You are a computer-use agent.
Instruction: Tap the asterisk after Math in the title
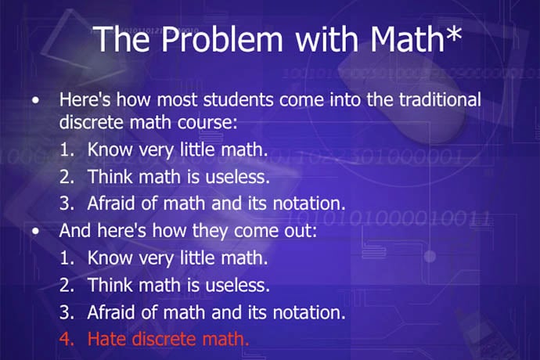[x=453, y=33]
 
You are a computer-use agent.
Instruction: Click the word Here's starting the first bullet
[x=85, y=99]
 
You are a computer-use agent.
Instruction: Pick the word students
[x=239, y=99]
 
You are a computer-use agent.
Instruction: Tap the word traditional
[x=440, y=99]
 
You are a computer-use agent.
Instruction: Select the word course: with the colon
[x=207, y=123]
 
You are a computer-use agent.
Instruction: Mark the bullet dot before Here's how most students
[x=35, y=101]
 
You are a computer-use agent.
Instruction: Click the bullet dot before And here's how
[x=35, y=232]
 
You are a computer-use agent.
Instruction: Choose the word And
[x=75, y=230]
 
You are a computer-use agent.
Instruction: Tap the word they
[x=210, y=231]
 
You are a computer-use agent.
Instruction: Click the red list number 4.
[x=67, y=339]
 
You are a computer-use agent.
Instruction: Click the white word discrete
[x=92, y=123]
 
